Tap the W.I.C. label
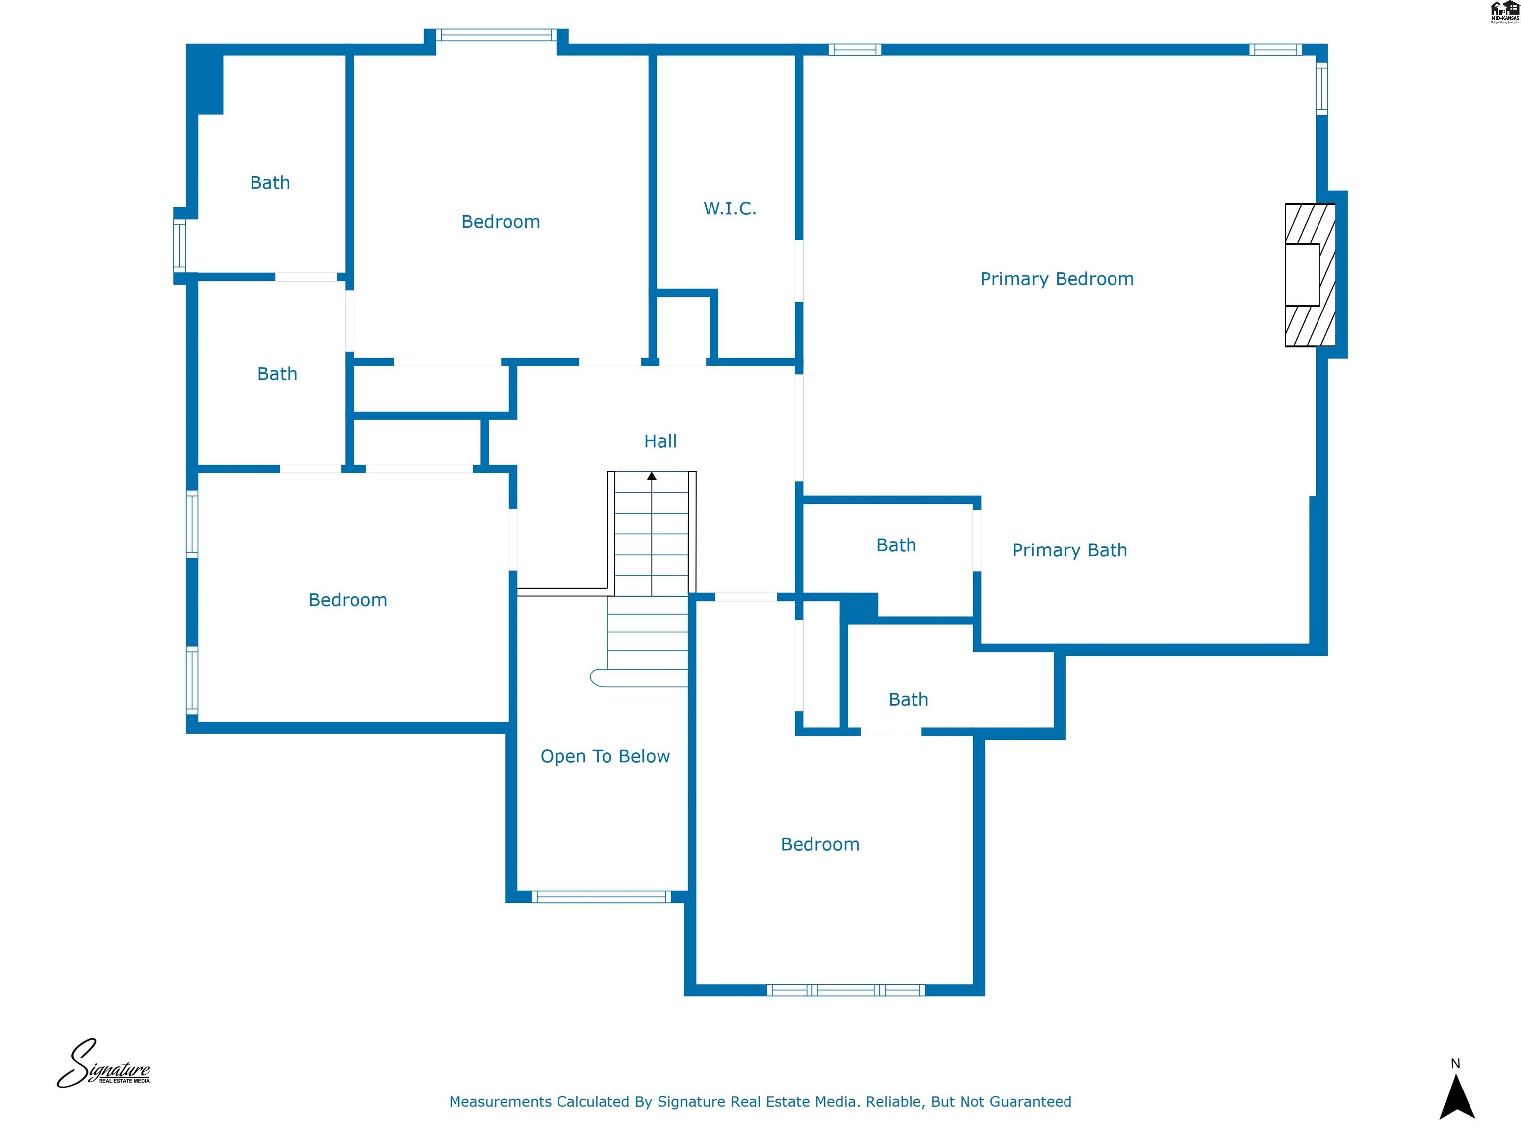pos(730,208)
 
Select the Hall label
pos(660,441)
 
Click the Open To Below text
pos(605,756)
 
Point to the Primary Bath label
pos(1069,550)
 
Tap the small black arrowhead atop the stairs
pos(651,476)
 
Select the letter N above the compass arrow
pos(1455,1063)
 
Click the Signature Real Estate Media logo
pos(103,1064)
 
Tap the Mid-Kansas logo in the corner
pos(1504,12)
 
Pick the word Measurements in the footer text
pos(500,1102)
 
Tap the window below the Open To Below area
pos(601,896)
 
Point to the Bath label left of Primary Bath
pos(896,545)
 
